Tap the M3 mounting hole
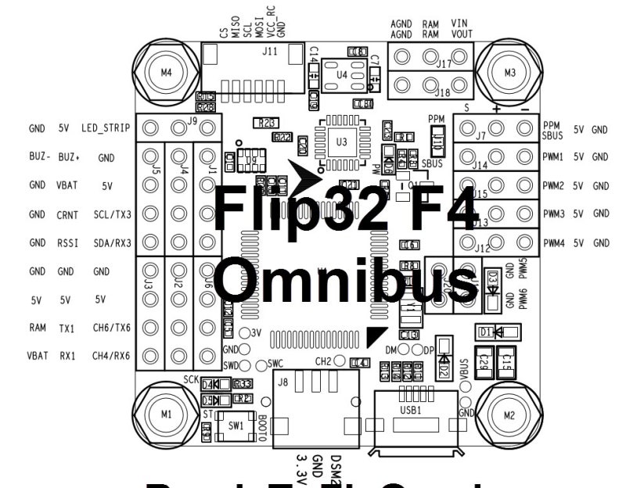pos(509,73)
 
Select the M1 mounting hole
pos(165,414)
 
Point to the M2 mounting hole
pos(509,414)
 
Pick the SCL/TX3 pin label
pos(112,214)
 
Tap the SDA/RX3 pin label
pos(112,242)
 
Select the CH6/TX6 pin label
pos(112,328)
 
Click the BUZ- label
pos(38,157)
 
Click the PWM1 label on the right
pos(553,157)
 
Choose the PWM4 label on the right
pos(553,243)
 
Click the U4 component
pos(342,74)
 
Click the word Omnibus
pos(345,281)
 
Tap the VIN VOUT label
pos(460,29)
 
